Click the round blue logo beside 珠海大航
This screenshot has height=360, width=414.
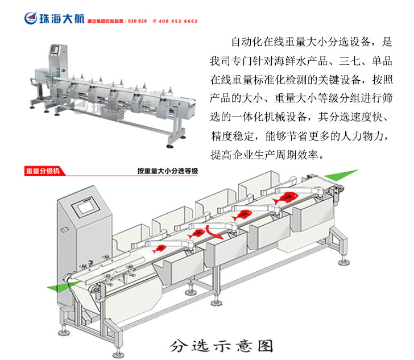(x=30, y=18)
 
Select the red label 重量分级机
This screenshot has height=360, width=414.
(x=42, y=171)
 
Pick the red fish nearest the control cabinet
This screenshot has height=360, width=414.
(x=160, y=247)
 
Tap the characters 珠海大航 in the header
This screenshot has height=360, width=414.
(x=60, y=18)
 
